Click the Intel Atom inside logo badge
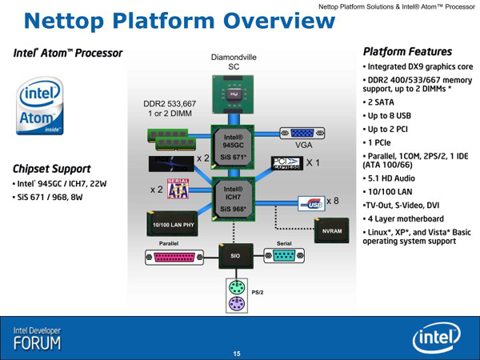[40, 106]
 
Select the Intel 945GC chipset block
[233, 147]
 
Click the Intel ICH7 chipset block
[233, 199]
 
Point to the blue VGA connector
[302, 133]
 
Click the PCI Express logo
[287, 163]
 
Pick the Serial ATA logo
[178, 189]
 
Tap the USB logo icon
[311, 203]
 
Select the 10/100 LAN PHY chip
[172, 223]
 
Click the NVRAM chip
[331, 230]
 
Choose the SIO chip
[236, 256]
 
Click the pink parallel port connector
[174, 257]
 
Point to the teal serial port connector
[284, 256]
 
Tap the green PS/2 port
[237, 288]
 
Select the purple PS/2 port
[237, 304]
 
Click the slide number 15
[237, 354]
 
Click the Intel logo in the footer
[436, 338]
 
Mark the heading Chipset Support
[52, 169]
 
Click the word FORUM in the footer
[37, 343]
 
